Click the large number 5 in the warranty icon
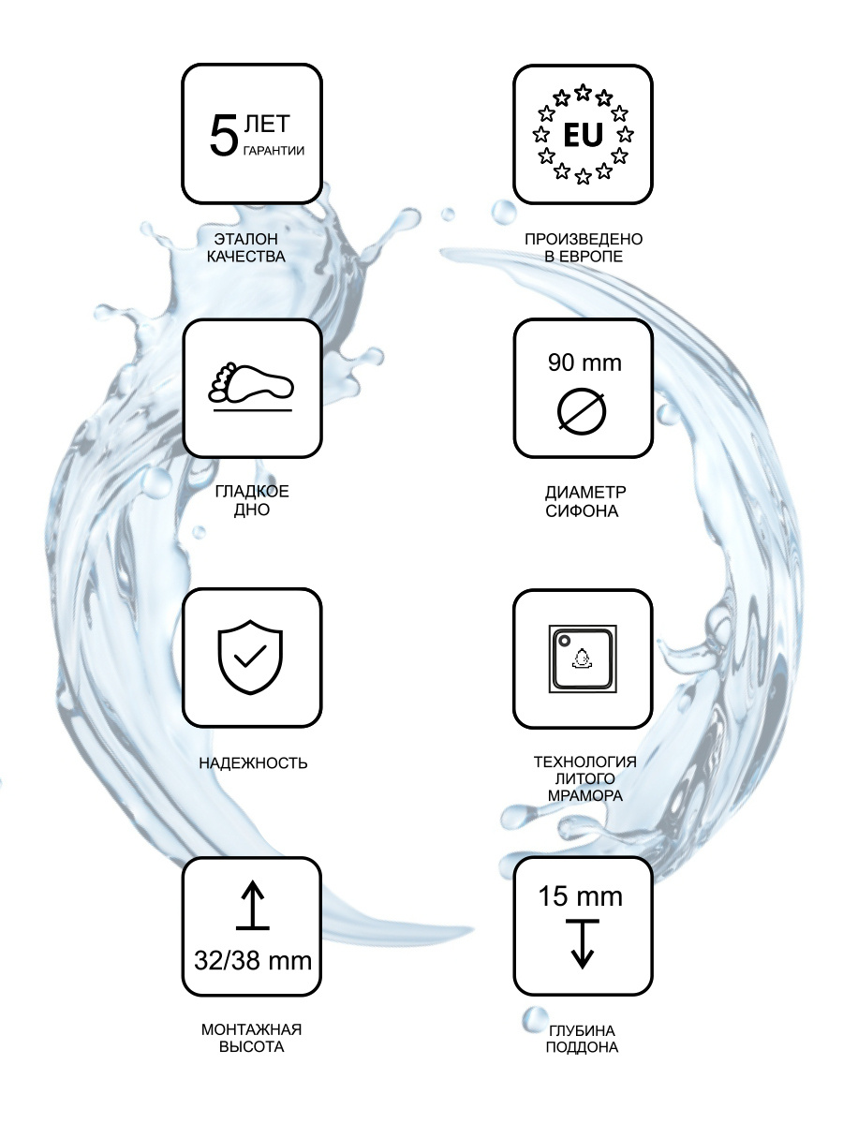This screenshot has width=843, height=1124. tap(224, 135)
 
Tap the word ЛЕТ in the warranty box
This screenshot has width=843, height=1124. tap(267, 124)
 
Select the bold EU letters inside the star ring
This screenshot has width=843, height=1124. tap(583, 135)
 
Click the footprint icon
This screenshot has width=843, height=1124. tap(251, 382)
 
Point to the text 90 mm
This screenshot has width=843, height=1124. tap(584, 362)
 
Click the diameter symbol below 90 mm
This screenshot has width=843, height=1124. tap(582, 412)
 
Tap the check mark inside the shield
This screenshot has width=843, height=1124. tap(250, 656)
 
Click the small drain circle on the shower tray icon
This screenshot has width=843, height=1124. tap(565, 641)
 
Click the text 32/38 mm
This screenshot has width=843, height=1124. tap(253, 960)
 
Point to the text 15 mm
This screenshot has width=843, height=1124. tap(581, 896)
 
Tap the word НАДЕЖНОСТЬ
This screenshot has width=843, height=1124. tap(253, 763)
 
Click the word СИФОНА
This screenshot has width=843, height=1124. tap(582, 511)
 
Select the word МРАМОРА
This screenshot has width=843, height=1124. tap(585, 795)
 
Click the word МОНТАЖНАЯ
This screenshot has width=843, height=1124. tap(251, 1029)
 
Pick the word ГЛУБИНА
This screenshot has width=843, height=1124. tap(582, 1030)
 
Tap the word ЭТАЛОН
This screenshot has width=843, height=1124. tap(246, 239)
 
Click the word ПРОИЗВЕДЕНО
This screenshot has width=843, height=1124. tap(584, 239)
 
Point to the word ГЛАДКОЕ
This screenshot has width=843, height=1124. tap(252, 492)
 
